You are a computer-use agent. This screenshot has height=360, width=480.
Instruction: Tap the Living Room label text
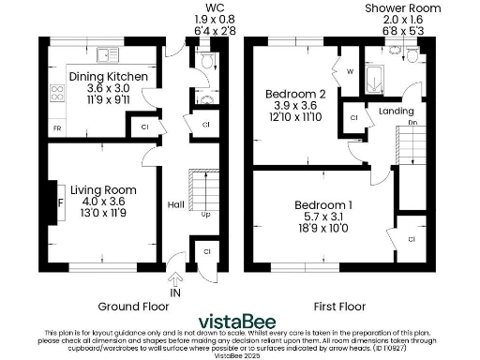102,189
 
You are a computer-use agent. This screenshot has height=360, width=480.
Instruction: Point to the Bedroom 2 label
295,94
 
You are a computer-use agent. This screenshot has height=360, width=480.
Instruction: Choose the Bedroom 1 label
324,205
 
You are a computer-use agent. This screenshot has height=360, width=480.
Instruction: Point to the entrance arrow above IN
175,278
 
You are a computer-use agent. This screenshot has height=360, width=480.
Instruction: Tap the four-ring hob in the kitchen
55,93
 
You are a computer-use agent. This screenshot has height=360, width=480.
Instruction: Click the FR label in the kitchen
56,127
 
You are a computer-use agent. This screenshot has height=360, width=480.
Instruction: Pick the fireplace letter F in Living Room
60,201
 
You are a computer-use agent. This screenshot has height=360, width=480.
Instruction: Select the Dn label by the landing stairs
412,123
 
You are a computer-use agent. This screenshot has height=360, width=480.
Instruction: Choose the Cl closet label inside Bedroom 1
412,239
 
